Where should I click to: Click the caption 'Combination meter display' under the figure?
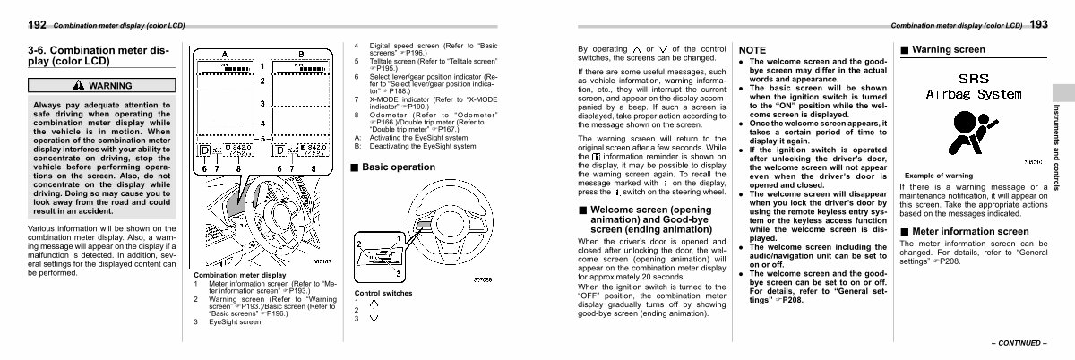coord(239,275)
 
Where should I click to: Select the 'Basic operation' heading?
coord(399,167)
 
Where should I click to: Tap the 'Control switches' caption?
coord(385,293)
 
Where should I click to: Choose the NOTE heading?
coord(752,50)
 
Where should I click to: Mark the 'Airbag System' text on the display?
coord(973,93)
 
